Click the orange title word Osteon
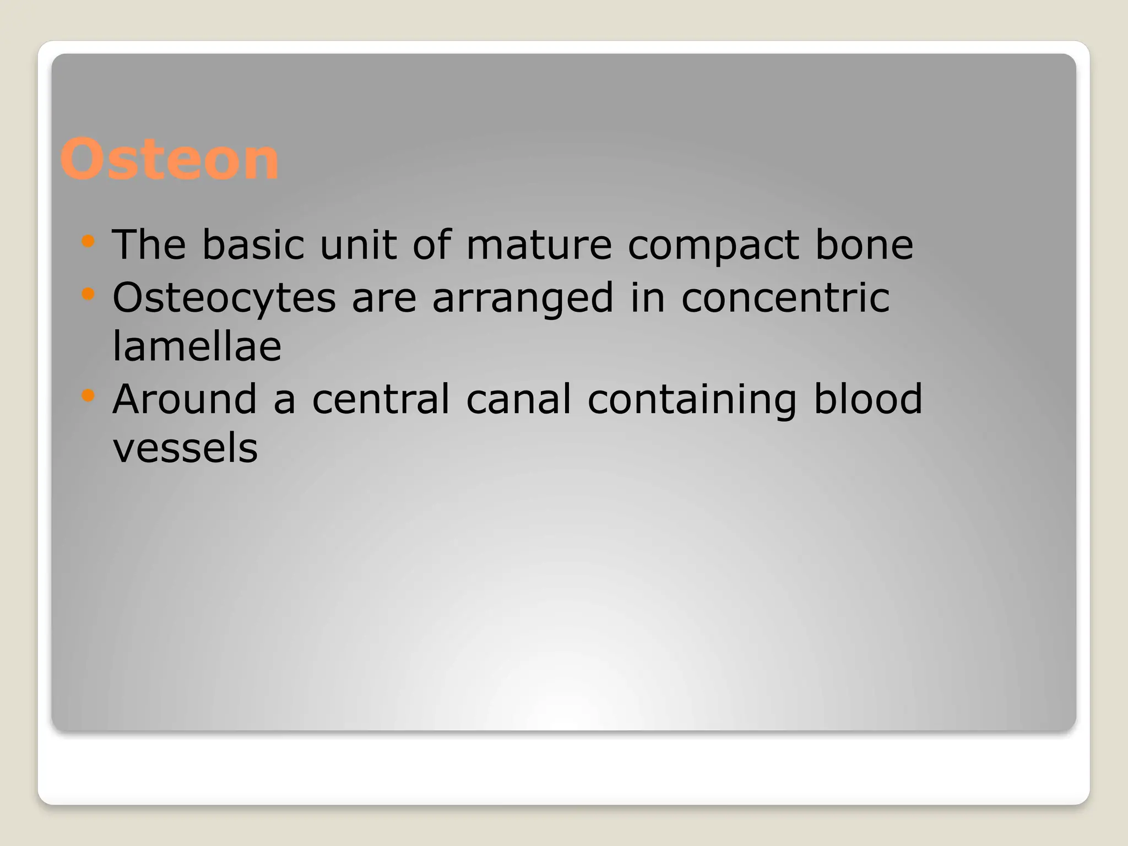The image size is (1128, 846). pyautogui.click(x=169, y=160)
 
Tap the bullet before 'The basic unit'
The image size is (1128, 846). pyautogui.click(x=88, y=241)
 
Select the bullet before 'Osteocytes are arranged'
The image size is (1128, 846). pyautogui.click(x=88, y=294)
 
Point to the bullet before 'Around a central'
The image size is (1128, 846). pyautogui.click(x=88, y=395)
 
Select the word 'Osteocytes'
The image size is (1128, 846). pyautogui.click(x=224, y=298)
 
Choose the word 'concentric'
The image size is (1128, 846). pyautogui.click(x=785, y=297)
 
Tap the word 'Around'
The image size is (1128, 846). pyautogui.click(x=185, y=399)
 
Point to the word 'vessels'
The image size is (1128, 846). pyautogui.click(x=185, y=448)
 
